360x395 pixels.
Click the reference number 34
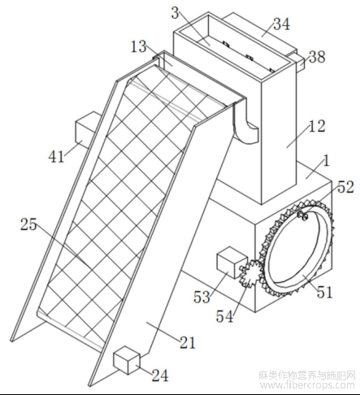pos(281,24)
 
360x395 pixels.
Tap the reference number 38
pos(317,57)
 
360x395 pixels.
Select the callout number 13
pos(138,46)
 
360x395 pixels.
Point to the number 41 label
pos(56,156)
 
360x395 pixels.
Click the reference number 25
pos(28,224)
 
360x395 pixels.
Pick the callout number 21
pos(188,343)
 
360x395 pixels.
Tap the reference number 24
pos(160,375)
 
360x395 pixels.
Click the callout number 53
pos(202,297)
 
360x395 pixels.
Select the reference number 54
pos(224,316)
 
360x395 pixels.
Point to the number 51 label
pos(324,293)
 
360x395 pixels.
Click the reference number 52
pos(345,187)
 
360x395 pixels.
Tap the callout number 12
pos(317,126)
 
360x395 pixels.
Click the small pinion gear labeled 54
pos(250,273)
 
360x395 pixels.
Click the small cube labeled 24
pos(127,360)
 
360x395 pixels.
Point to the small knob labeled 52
pos(303,215)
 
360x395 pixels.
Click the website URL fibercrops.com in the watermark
pos(306,384)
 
